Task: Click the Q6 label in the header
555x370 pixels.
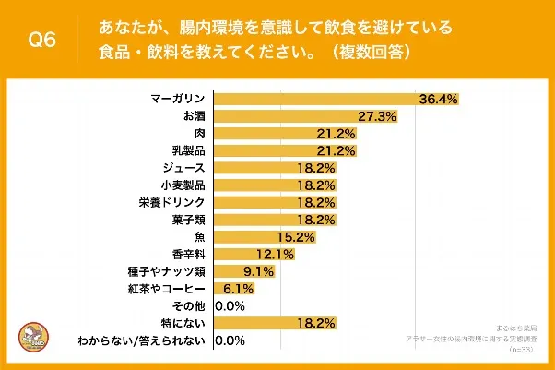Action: click(x=43, y=40)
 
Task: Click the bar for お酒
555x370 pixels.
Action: click(x=285, y=116)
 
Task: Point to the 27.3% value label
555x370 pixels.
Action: click(x=377, y=116)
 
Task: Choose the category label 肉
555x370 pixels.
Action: click(x=200, y=134)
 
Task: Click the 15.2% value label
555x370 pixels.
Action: click(x=296, y=237)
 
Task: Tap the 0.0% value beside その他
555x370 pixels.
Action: click(x=230, y=305)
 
